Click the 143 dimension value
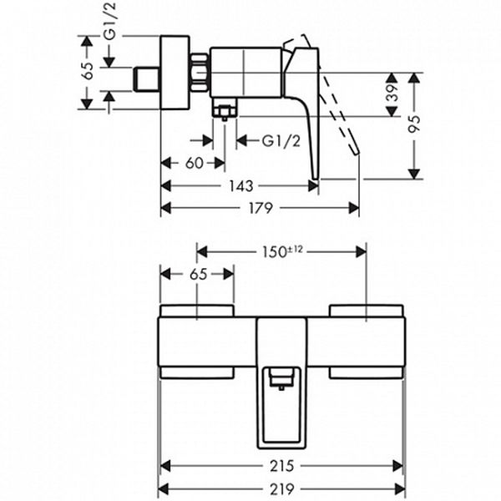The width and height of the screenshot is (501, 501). coord(241,186)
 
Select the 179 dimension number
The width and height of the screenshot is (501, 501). coord(261,208)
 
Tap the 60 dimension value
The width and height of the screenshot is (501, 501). coord(194,164)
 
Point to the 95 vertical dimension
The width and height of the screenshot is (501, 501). coord(415,124)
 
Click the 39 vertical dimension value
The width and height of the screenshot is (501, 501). coord(392,93)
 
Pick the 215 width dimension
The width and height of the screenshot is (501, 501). coord(281,466)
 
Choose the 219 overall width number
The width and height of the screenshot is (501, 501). coord(281,488)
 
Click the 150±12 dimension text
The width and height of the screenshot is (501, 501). coord(282,251)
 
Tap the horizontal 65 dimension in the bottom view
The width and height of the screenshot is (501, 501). coord(199,275)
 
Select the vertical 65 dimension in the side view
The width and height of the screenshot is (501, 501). coord(87,70)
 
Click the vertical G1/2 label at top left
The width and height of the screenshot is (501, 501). coord(111,21)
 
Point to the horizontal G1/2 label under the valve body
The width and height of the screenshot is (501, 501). coord(281,141)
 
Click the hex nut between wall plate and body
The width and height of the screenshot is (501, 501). coord(200,73)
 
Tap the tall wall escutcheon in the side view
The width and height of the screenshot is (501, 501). coord(175,73)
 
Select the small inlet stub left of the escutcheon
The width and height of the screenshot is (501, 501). coord(146,79)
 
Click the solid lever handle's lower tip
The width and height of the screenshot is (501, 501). coord(316,178)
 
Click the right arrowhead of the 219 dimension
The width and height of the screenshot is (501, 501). coord(400,488)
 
